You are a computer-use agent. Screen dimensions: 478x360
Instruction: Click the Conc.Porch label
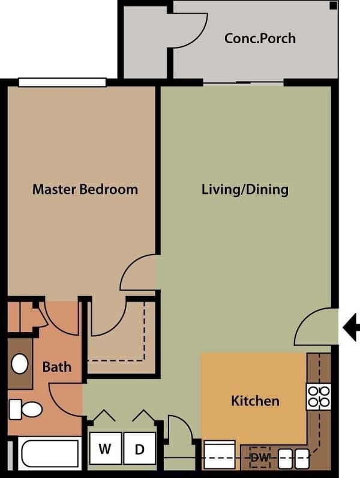pyautogui.click(x=260, y=38)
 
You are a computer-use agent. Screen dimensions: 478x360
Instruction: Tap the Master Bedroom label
pyautogui.click(x=85, y=189)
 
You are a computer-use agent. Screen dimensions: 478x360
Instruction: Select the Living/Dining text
pyautogui.click(x=245, y=189)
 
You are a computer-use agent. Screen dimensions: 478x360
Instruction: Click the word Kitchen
pyautogui.click(x=255, y=401)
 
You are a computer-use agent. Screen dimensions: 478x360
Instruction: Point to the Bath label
pyautogui.click(x=57, y=366)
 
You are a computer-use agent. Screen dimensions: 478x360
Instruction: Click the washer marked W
pyautogui.click(x=106, y=448)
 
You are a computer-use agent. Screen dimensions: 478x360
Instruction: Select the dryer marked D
pyautogui.click(x=140, y=448)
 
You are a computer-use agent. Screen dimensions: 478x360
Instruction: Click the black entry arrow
pyautogui.click(x=351, y=327)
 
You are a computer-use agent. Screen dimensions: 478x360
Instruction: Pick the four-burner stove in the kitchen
pyautogui.click(x=318, y=396)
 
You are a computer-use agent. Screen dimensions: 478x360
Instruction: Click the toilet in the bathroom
pyautogui.click(x=26, y=410)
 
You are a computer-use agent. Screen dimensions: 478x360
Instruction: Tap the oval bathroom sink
pyautogui.click(x=20, y=363)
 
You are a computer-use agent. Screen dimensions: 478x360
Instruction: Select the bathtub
pyautogui.click(x=49, y=453)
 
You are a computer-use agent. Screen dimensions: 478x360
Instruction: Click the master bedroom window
pyautogui.click(x=62, y=82)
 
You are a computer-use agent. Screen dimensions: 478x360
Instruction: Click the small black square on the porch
pyautogui.click(x=333, y=6)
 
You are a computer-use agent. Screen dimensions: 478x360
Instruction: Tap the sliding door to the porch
pyautogui.click(x=242, y=83)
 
